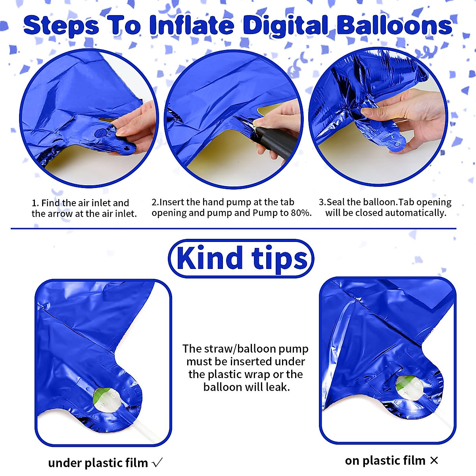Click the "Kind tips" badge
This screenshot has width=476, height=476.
pyautogui.click(x=241, y=259)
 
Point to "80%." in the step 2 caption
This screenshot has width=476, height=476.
pyautogui.click(x=301, y=213)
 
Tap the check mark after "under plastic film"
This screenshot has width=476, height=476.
pyautogui.click(x=157, y=463)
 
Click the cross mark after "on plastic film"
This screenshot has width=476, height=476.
pyautogui.click(x=434, y=461)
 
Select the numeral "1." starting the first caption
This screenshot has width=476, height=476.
pyautogui.click(x=35, y=203)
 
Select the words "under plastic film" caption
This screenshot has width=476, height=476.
pyautogui.click(x=98, y=463)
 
